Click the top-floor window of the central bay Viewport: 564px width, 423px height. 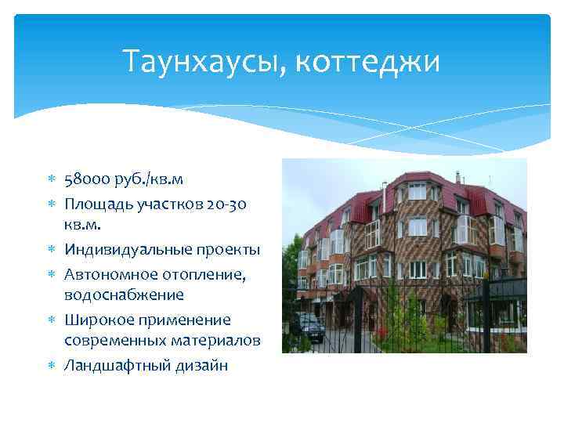pyautogui.click(x=418, y=190)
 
